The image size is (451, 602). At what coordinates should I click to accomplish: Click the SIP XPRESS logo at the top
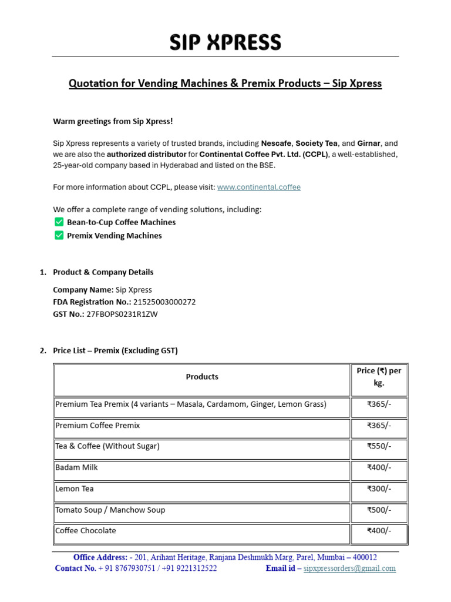[x=225, y=42]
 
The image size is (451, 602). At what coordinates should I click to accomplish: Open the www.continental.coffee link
[x=258, y=187]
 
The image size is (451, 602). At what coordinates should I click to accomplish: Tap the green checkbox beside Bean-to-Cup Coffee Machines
[x=59, y=222]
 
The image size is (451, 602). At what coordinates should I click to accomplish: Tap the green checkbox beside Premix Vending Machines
[x=59, y=235]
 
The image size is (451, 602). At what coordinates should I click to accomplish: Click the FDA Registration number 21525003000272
[x=164, y=302]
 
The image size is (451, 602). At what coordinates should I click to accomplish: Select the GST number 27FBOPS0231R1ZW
[x=122, y=314]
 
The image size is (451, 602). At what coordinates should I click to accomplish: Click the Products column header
[x=202, y=377]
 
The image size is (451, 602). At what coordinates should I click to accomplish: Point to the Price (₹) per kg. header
[x=379, y=377]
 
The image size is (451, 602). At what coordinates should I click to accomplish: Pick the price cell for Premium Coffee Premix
[x=379, y=425]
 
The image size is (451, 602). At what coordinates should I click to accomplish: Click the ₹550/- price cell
[x=379, y=446]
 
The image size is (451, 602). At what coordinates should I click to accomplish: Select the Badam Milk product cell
[x=76, y=467]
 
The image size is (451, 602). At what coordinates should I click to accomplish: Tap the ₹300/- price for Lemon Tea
[x=379, y=489]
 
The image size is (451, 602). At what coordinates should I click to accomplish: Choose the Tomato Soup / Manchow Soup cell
[x=110, y=510]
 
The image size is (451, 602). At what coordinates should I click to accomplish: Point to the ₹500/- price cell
[x=379, y=510]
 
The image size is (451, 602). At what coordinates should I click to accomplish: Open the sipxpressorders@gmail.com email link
[x=349, y=568]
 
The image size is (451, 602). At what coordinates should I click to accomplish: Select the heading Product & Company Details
[x=103, y=272]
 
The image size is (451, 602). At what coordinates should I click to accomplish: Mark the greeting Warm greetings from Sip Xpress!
[x=113, y=122]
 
